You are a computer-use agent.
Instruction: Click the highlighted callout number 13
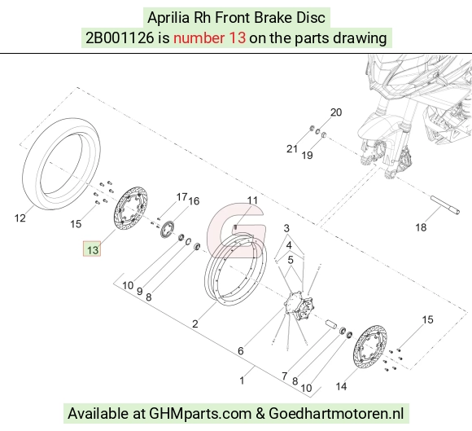[x=92, y=249]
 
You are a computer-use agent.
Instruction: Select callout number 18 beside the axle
[x=421, y=227]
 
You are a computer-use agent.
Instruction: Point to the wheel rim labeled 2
[x=211, y=289]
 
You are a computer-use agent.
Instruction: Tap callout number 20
[x=336, y=112]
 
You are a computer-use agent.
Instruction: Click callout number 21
[x=291, y=149]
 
